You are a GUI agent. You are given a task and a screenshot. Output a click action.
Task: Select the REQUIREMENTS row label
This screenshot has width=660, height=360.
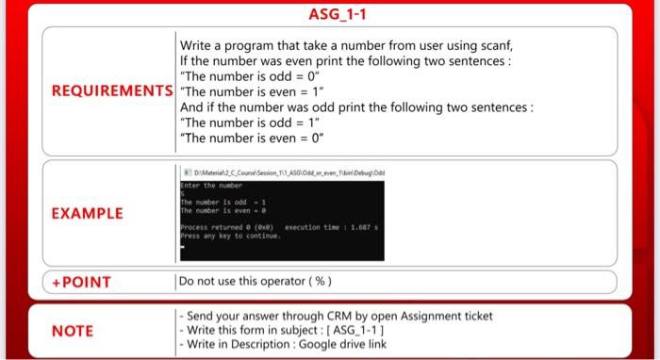point(112,91)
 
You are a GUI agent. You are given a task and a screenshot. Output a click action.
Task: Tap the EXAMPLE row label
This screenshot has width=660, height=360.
point(87,213)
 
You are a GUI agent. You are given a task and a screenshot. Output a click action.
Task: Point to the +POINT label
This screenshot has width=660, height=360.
point(83,282)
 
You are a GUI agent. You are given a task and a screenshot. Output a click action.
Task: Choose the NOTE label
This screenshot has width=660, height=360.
point(72,331)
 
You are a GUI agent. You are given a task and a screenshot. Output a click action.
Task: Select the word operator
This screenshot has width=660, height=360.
point(280,281)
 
